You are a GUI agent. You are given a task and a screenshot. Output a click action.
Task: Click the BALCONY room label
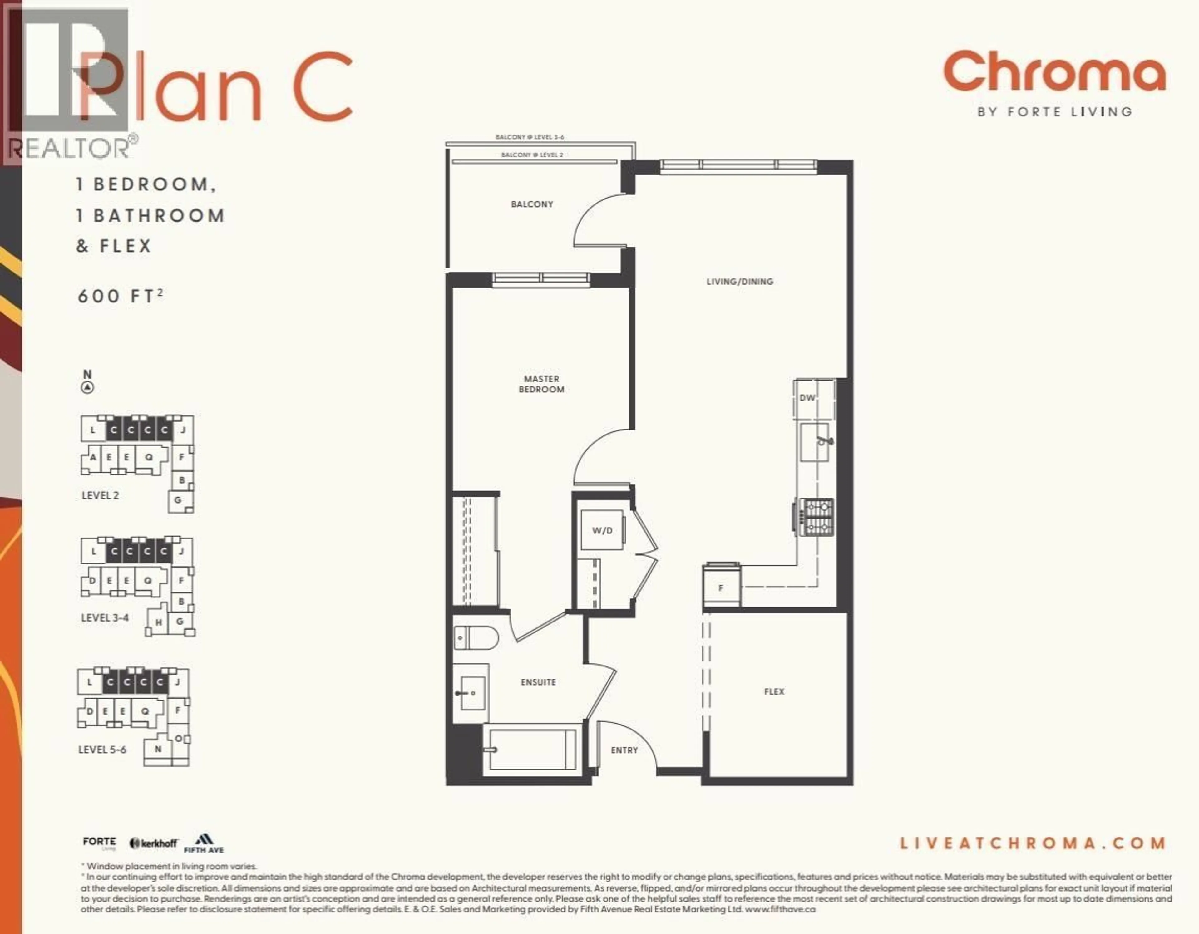(531, 204)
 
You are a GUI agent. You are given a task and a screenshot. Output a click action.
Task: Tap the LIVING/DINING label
(739, 282)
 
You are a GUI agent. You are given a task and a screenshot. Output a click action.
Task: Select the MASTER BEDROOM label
(541, 384)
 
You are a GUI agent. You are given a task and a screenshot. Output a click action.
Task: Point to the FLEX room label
(774, 691)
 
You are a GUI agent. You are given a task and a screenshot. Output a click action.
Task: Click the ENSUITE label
(538, 682)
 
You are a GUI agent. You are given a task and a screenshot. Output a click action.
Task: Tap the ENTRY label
(624, 750)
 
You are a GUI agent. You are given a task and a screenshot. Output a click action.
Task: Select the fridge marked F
(721, 587)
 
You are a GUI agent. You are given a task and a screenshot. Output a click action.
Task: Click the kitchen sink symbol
(815, 442)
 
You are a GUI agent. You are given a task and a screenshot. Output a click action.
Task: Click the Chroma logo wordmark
(1054, 72)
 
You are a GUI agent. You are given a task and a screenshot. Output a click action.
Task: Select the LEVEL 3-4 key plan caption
(105, 618)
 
